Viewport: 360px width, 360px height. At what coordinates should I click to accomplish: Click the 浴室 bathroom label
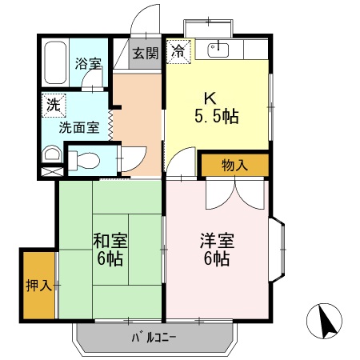pyautogui.click(x=88, y=64)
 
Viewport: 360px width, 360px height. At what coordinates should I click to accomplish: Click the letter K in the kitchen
pyautogui.click(x=210, y=98)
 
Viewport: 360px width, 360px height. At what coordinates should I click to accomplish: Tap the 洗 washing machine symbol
pyautogui.click(x=52, y=103)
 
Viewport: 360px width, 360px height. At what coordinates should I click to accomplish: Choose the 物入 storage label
pyautogui.click(x=234, y=165)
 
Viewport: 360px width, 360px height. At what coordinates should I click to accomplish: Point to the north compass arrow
pyautogui.click(x=326, y=322)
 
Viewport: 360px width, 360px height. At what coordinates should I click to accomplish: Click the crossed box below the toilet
pyautogui.click(x=50, y=171)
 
